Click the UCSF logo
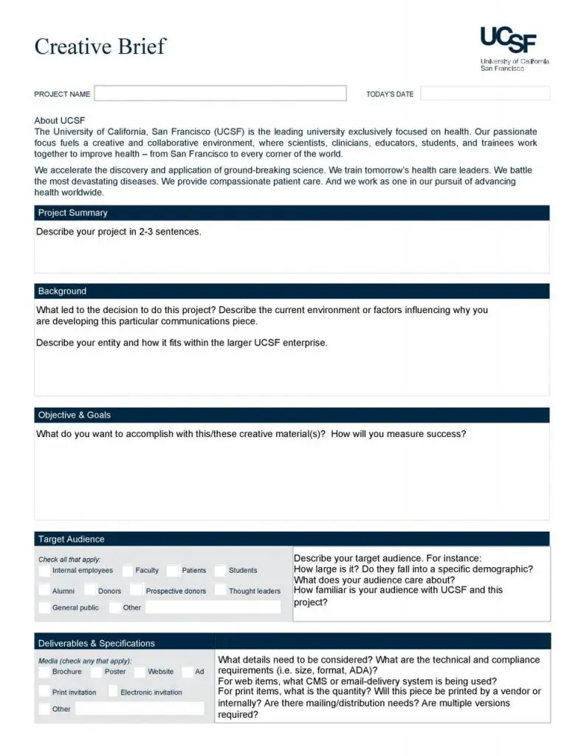[509, 40]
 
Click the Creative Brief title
[100, 46]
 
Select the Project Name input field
[220, 94]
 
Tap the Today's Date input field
[485, 94]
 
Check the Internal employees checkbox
[44, 571]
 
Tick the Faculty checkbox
[128, 571]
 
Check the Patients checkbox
[173, 571]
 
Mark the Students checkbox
[220, 571]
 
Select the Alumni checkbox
[44, 591]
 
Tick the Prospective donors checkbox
[137, 591]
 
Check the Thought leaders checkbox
[220, 591]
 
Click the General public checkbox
[44, 608]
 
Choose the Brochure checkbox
[44, 672]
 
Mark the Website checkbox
[140, 672]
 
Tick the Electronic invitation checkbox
[113, 692]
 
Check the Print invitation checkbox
[44, 692]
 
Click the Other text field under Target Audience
[213, 608]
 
